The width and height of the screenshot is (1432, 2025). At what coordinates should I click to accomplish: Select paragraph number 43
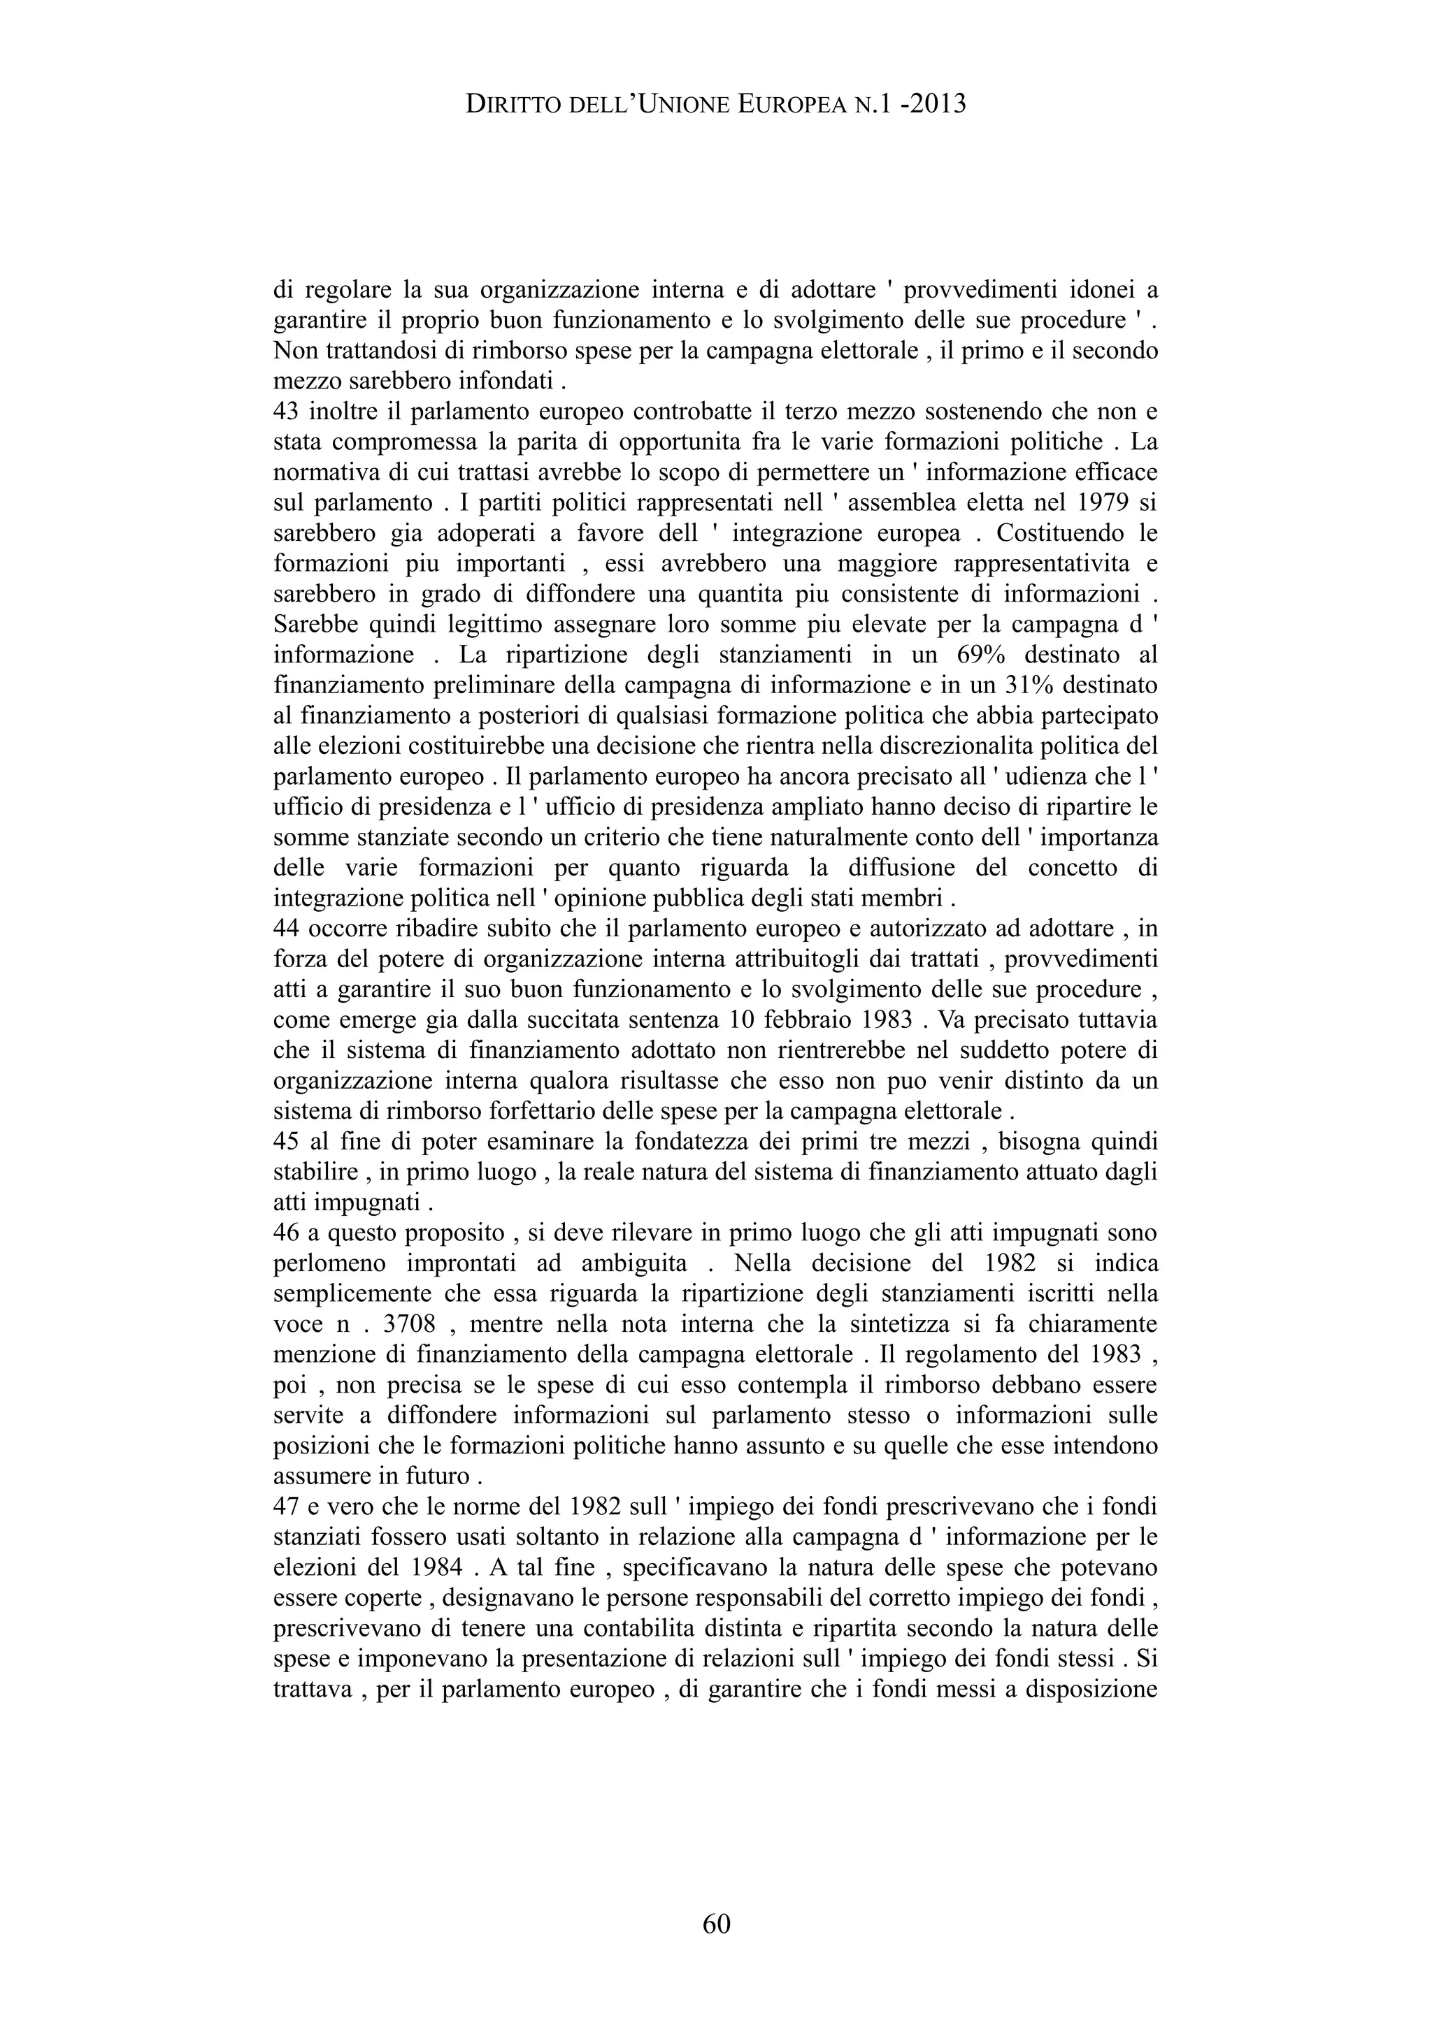point(287,412)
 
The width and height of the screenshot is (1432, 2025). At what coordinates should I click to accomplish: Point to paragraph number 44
point(287,928)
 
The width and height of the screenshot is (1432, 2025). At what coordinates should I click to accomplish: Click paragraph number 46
point(287,1232)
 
